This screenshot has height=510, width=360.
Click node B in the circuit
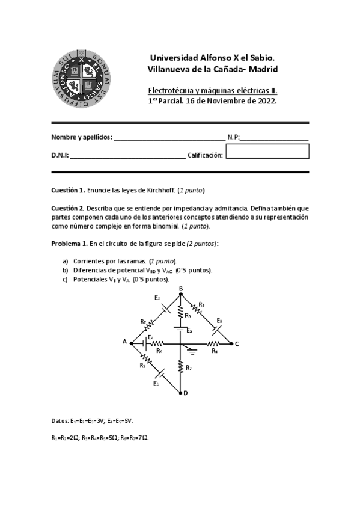pyautogui.click(x=181, y=295)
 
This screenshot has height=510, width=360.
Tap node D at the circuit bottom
pyautogui.click(x=181, y=393)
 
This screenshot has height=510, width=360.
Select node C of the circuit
pyautogui.click(x=230, y=343)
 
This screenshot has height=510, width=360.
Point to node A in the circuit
pyautogui.click(x=132, y=343)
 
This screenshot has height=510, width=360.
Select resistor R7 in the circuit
pyautogui.click(x=181, y=367)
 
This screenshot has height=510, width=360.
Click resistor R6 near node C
pyautogui.click(x=213, y=343)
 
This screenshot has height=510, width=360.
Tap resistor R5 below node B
pyautogui.click(x=181, y=311)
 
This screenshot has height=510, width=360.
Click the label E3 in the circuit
pyautogui.click(x=219, y=320)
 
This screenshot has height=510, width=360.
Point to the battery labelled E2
pyautogui.click(x=162, y=307)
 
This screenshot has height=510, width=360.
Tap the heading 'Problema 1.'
pyautogui.click(x=69, y=243)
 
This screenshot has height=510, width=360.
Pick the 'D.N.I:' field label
pyautogui.click(x=60, y=155)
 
